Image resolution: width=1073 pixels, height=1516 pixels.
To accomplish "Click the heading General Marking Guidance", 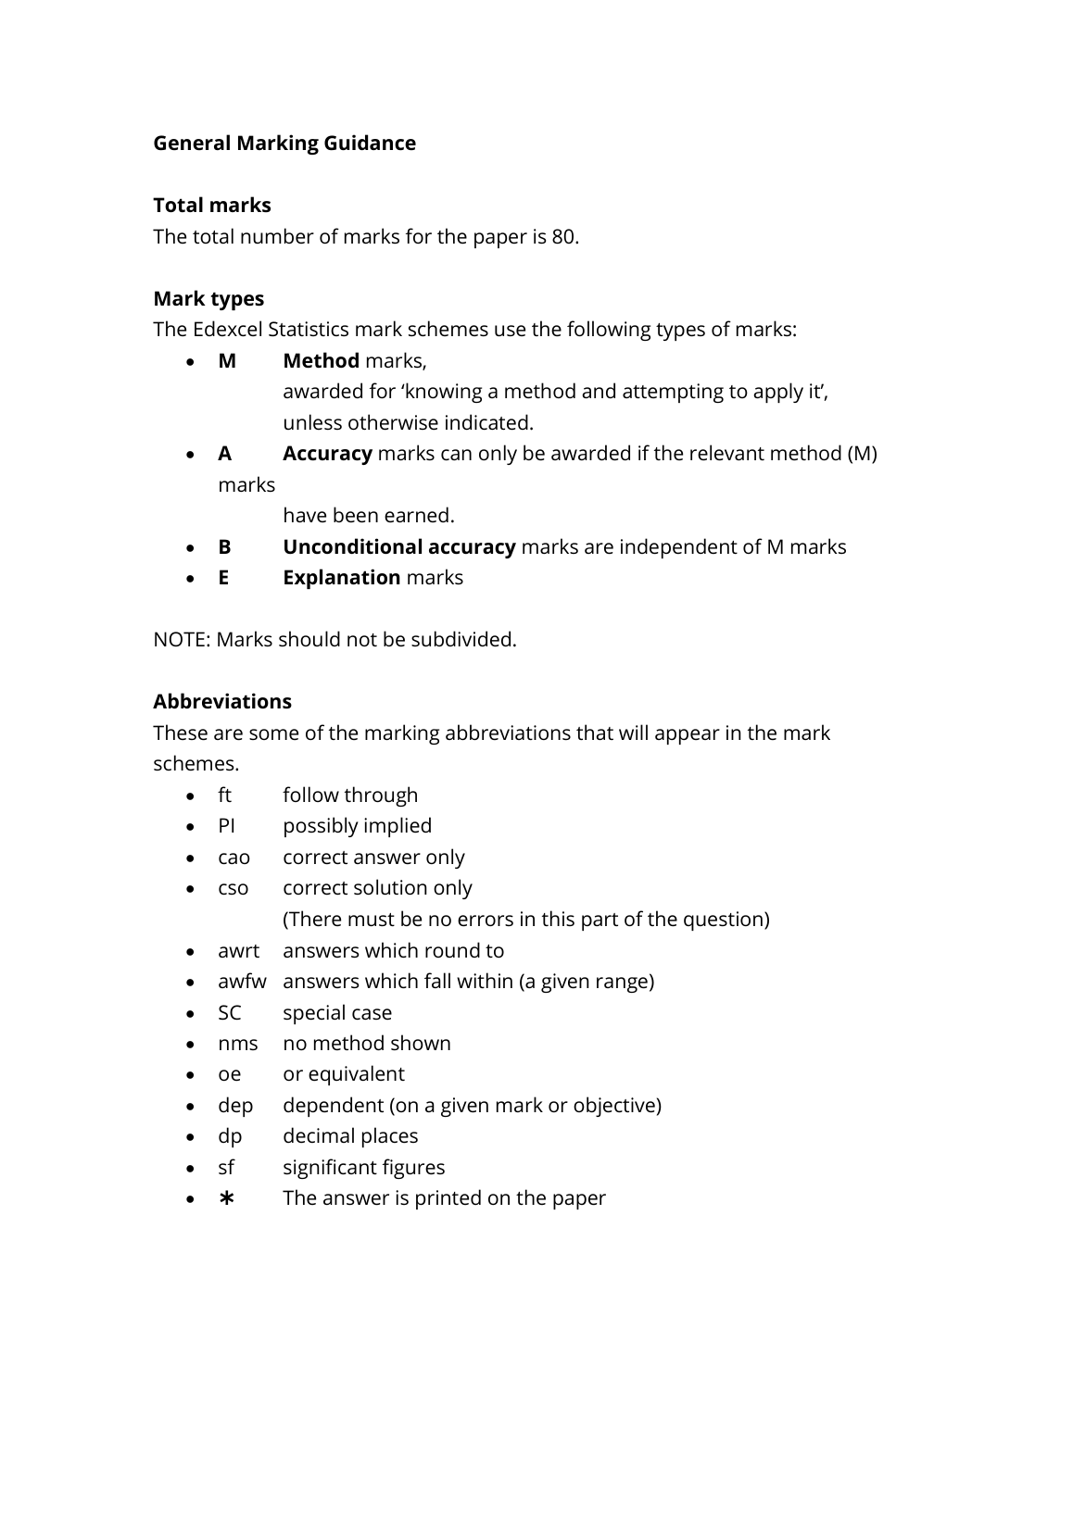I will point(284,144).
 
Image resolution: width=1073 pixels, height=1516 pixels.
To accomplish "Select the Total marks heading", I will point(211,206).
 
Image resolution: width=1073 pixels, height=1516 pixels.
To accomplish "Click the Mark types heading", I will point(208,299).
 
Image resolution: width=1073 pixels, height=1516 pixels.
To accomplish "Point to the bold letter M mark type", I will point(227,361).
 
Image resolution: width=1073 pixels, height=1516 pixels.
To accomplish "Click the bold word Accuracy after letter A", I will point(327,454).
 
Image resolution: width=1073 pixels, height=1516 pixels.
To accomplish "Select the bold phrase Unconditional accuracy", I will point(398,547).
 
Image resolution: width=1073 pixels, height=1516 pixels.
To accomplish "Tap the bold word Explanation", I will point(341,578).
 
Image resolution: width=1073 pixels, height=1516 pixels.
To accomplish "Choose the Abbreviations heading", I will point(222,702).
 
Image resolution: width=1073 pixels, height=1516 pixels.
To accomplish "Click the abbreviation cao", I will point(234,858).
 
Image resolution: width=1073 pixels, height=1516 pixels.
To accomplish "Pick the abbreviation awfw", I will point(242,982).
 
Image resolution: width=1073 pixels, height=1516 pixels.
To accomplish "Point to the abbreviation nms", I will point(237,1044).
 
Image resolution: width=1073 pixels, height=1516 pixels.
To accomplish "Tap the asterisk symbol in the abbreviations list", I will point(226,1198).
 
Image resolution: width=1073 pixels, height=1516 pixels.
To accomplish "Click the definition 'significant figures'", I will point(363,1168).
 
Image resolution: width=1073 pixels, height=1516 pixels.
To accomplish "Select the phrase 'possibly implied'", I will point(357,826).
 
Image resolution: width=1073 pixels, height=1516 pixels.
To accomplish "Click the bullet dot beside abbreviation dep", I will point(190,1107).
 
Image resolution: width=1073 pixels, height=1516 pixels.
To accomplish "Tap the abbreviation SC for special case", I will point(229,1013).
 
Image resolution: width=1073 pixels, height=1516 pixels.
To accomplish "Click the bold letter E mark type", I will point(223,578).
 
